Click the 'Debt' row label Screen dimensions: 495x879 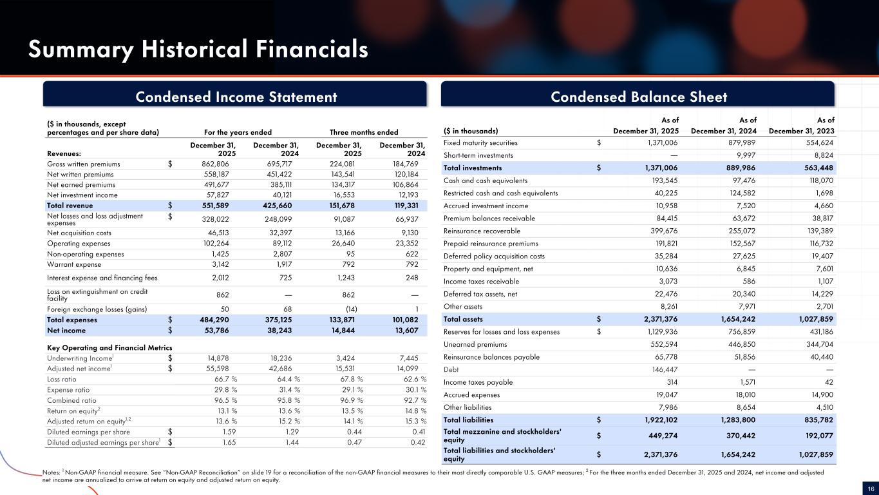pos(451,369)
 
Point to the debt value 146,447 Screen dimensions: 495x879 pos(665,369)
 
